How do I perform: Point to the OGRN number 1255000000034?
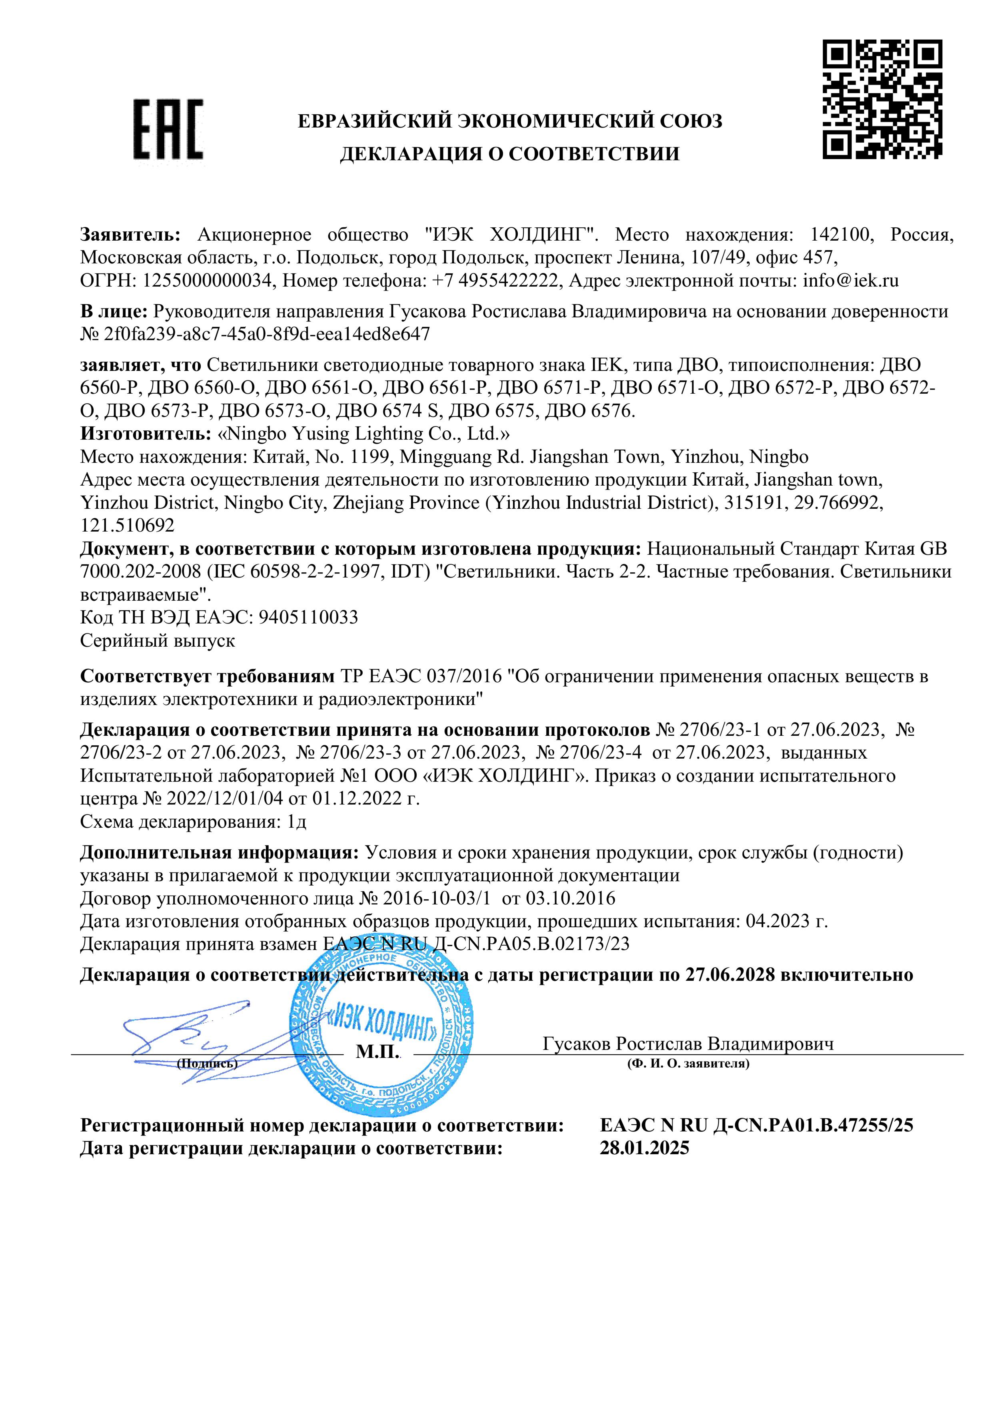click(x=207, y=281)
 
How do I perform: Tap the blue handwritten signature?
click(x=183, y=1038)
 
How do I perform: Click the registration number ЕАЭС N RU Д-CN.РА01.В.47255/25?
click(x=756, y=1125)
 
